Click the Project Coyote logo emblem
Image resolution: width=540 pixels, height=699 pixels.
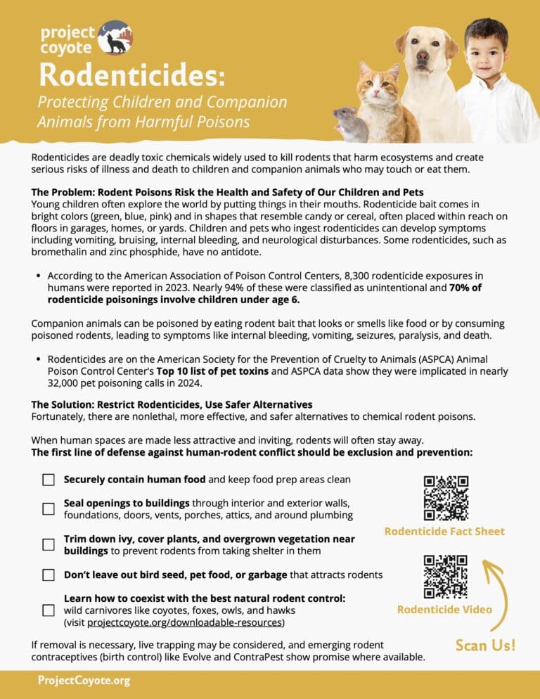click(115, 37)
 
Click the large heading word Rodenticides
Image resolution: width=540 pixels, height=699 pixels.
click(132, 73)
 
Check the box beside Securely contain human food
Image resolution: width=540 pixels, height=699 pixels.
click(49, 480)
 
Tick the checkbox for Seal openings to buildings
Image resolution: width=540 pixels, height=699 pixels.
click(49, 508)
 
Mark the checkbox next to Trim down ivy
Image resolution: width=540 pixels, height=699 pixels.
click(49, 544)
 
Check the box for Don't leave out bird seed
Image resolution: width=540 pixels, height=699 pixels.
click(49, 575)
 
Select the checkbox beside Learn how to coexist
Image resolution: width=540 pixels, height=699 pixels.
click(49, 610)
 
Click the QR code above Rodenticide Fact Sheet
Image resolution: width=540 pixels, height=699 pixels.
click(446, 498)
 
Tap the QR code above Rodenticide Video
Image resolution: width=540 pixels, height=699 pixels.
click(446, 577)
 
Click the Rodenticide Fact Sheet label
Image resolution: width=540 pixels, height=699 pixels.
click(444, 531)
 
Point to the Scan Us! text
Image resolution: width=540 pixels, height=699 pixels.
click(485, 645)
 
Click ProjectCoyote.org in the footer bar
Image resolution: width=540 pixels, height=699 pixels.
click(84, 681)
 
